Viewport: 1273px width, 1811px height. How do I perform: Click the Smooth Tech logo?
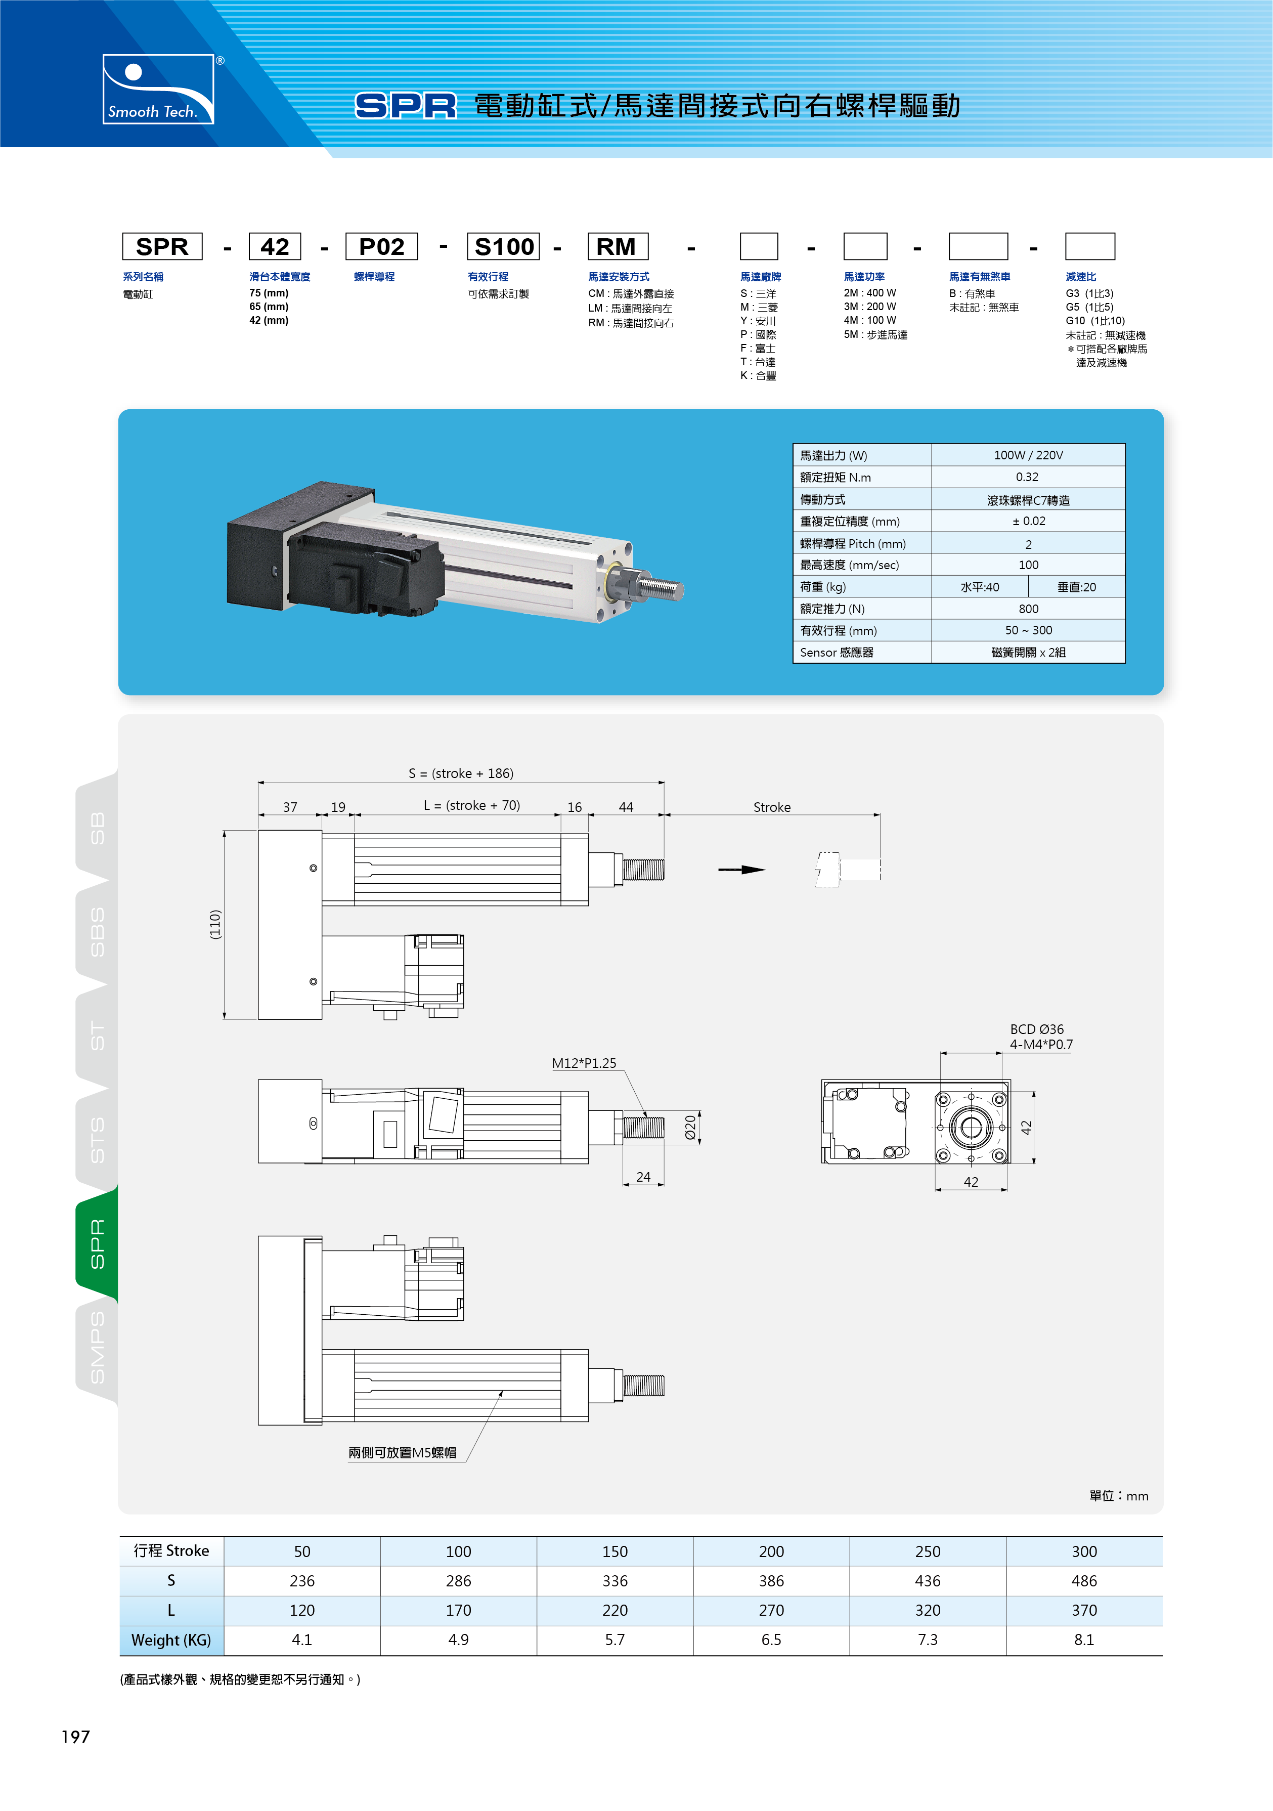tap(158, 89)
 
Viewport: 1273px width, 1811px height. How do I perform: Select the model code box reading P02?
tap(382, 246)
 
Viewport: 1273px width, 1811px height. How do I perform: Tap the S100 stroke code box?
tap(503, 246)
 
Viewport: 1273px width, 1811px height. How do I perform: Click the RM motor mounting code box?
tap(618, 246)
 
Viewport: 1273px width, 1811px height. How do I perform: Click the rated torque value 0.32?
tap(1027, 477)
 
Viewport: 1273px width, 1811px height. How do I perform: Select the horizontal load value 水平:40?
tap(980, 587)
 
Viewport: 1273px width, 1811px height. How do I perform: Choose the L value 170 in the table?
tap(458, 1610)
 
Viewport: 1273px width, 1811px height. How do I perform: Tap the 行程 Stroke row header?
tap(171, 1550)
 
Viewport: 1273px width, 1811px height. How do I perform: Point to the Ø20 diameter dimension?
tap(690, 1127)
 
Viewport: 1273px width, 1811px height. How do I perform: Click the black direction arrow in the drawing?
tap(741, 870)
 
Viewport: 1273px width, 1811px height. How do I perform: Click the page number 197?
tap(76, 1737)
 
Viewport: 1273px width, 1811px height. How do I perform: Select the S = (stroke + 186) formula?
tap(461, 773)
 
